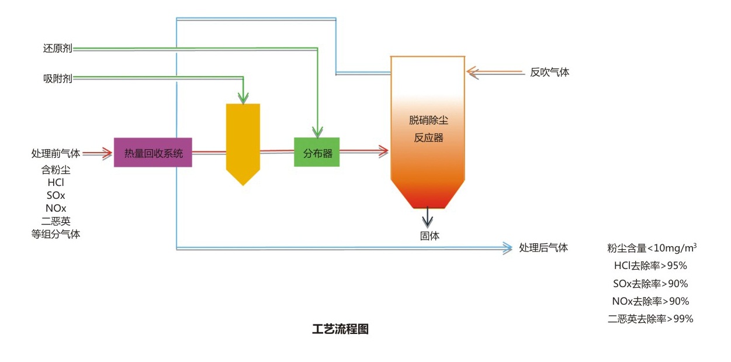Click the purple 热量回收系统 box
point(153,153)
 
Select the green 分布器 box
point(317,153)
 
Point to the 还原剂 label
point(57,49)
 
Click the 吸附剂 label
point(57,78)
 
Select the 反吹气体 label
point(549,73)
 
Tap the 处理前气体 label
point(56,153)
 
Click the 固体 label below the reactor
point(429,236)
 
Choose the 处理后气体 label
point(543,247)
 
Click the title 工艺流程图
point(341,329)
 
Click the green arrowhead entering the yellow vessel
point(244,98)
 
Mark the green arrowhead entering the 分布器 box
point(317,132)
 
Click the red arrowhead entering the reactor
point(383,151)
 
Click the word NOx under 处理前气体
point(56,208)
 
